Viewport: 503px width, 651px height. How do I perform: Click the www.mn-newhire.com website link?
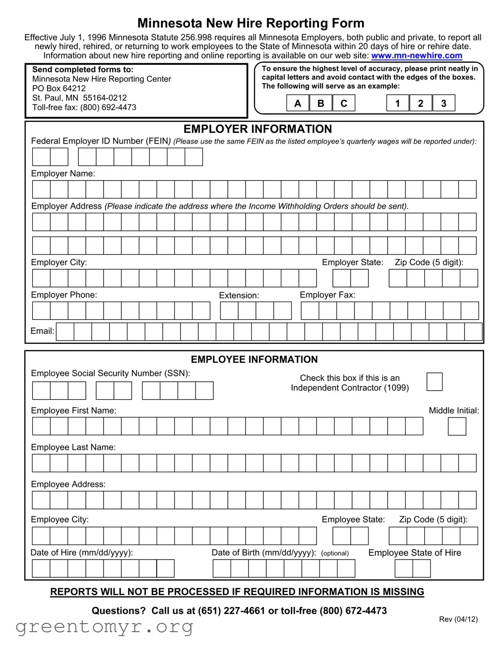416,56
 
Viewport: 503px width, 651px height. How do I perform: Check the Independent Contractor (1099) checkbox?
434,382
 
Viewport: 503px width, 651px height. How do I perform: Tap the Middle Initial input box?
457,427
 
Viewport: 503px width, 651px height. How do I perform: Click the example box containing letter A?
298,103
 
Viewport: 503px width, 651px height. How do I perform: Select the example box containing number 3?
443,103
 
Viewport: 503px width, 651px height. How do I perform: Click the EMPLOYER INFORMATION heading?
257,129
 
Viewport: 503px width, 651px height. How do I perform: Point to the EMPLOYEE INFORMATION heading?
254,360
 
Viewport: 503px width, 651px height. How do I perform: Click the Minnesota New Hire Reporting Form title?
251,23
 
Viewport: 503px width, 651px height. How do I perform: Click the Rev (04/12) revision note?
458,619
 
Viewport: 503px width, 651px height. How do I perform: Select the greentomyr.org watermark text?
104,627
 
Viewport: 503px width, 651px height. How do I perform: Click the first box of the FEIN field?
41,157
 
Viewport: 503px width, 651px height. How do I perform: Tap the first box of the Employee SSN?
41,391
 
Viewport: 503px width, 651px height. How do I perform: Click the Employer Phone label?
64,295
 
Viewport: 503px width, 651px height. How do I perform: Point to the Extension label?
239,295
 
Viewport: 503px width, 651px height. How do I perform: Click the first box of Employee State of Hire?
404,568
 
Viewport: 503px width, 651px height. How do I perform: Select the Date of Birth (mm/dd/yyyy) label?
263,553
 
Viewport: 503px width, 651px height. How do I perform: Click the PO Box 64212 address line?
59,89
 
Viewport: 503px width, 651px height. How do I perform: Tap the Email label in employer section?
42,331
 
